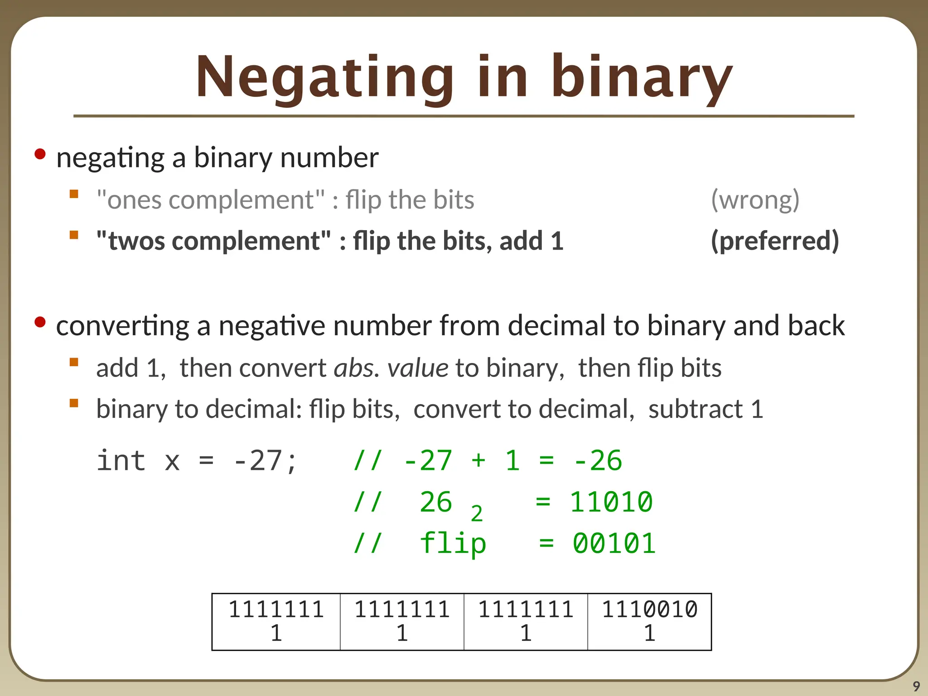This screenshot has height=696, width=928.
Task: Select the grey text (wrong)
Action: tap(755, 199)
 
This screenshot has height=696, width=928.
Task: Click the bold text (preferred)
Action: tap(775, 241)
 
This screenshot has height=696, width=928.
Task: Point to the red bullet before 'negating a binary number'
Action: tap(40, 154)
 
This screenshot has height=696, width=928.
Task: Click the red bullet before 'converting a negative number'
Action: tap(40, 322)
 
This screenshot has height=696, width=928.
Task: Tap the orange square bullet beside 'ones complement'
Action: tap(74, 194)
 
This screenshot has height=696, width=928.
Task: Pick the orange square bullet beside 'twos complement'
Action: tap(74, 235)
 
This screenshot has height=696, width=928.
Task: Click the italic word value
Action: tap(418, 367)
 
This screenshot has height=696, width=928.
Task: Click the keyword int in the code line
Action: tap(121, 460)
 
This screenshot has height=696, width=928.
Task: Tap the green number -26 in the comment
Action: tap(598, 460)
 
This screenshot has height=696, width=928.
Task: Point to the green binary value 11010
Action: tap(611, 502)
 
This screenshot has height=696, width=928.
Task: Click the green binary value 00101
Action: tap(614, 543)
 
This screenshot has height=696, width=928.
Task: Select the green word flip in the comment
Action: tap(453, 543)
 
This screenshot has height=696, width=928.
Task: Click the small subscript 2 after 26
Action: tap(477, 514)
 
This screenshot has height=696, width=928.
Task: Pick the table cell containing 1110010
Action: tap(649, 621)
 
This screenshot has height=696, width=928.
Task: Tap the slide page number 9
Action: tap(916, 686)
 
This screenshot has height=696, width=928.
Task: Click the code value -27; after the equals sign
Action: tap(265, 460)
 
